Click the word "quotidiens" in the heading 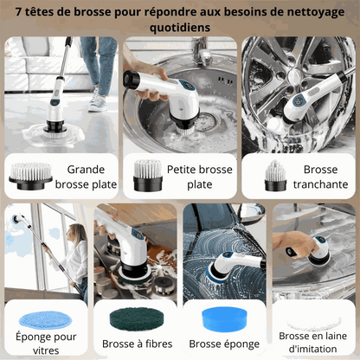tap(180, 28)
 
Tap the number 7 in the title tap(19, 12)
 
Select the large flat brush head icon tap(30, 176)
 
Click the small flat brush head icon tap(148, 176)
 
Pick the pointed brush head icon tap(275, 176)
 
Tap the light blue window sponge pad tap(45, 320)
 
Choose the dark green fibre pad tap(137, 319)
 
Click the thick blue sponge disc tap(225, 319)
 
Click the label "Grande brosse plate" tap(86, 177)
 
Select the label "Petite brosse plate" tap(200, 177)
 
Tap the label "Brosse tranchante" tap(320, 177)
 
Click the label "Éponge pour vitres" tap(46, 344)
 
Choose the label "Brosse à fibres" tap(137, 344)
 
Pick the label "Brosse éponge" tap(224, 344)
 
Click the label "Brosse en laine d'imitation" tap(313, 343)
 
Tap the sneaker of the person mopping tap(98, 102)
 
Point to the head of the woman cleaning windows tap(76, 233)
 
